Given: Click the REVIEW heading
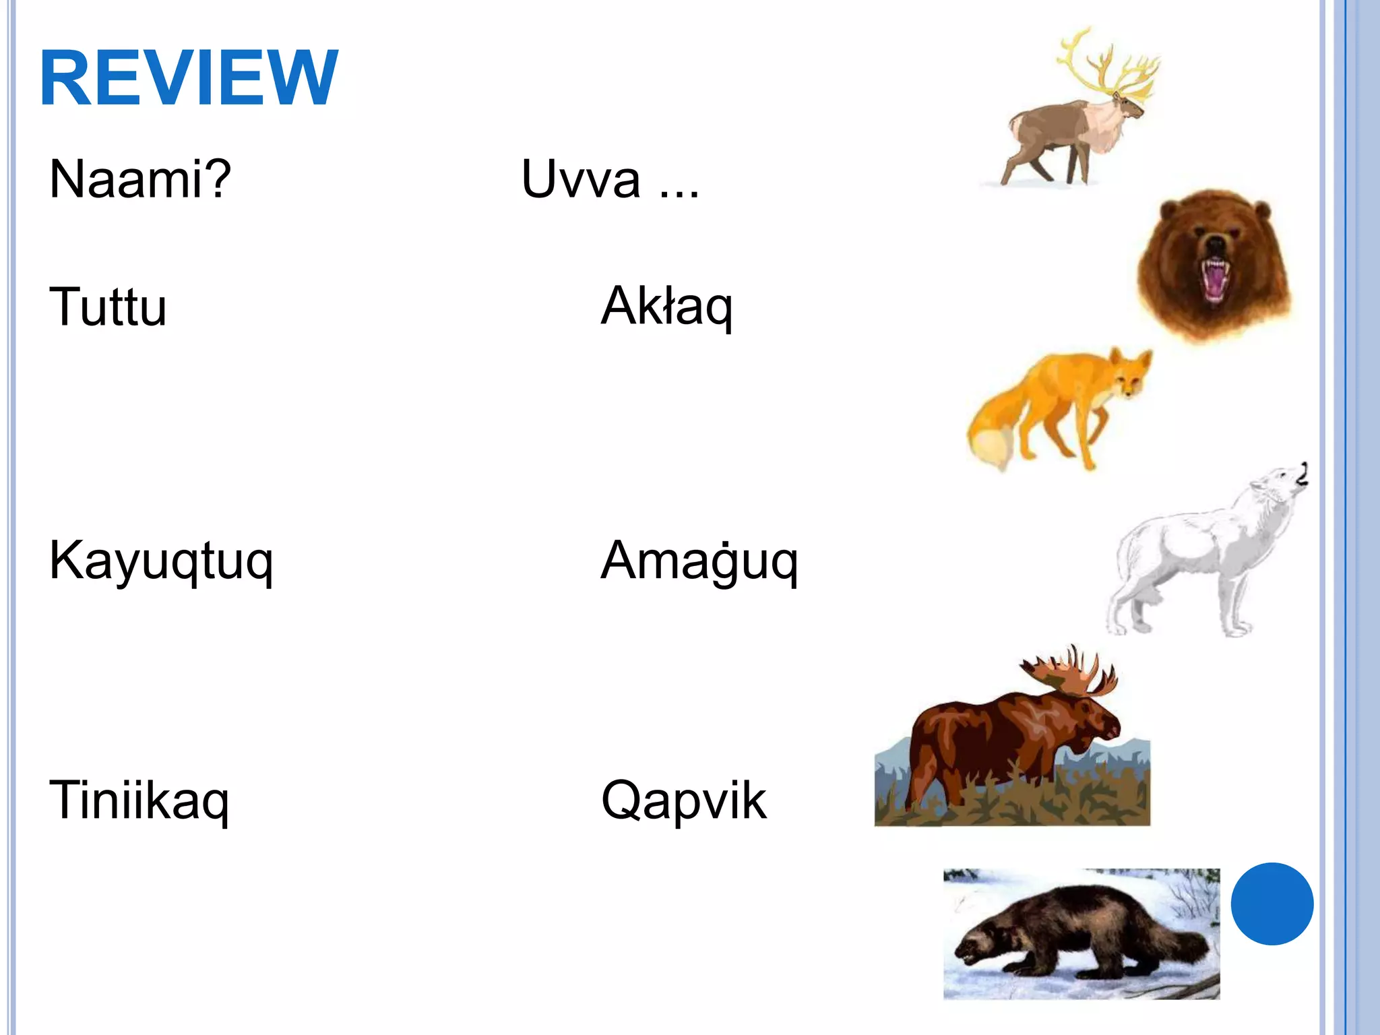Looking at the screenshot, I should point(189,78).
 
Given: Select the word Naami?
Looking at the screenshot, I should point(140,179).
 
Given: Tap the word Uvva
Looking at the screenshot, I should point(581,179).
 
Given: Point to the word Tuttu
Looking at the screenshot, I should point(108,307).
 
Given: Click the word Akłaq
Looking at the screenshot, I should point(666,307).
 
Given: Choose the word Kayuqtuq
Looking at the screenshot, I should point(161,561).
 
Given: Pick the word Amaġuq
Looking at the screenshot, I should point(699,561).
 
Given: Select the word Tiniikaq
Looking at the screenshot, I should point(139,801).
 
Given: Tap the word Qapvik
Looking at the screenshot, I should point(683,801).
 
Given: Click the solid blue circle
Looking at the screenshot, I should point(1272,904).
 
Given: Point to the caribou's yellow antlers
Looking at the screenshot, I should point(1105,67).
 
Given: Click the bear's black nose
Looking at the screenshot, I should point(1215,243).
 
